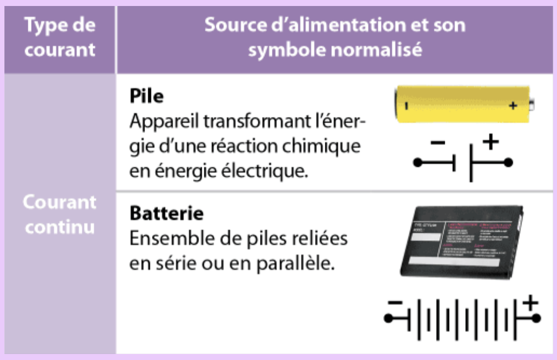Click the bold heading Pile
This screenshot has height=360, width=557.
(147, 97)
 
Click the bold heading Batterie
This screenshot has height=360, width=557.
(166, 214)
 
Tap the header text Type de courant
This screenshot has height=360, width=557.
(60, 37)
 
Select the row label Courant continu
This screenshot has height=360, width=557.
(60, 214)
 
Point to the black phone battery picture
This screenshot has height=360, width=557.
(461, 242)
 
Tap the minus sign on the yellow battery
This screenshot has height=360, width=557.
(407, 105)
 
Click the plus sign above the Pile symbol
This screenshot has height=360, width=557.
(491, 142)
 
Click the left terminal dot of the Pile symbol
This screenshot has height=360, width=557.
(418, 163)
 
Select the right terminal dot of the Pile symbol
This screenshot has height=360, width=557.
(508, 163)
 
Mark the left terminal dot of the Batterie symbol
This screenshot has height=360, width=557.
(389, 318)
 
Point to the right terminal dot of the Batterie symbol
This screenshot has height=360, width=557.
(536, 318)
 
